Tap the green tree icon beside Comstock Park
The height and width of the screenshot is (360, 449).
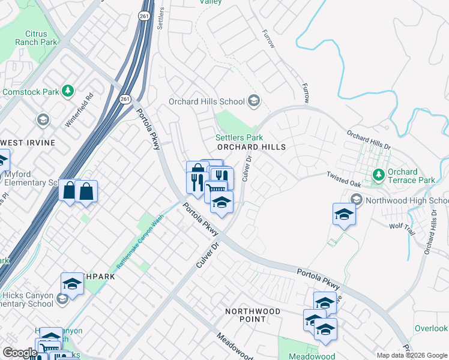click(x=68, y=91)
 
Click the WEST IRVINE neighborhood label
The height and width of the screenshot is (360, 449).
click(x=28, y=143)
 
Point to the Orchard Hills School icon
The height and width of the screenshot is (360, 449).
click(x=254, y=101)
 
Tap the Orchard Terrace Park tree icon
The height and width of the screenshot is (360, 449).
click(x=378, y=175)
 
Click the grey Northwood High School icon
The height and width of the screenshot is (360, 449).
click(x=357, y=200)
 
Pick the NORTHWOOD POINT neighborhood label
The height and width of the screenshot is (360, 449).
click(x=253, y=315)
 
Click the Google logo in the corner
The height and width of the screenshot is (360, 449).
click(x=19, y=353)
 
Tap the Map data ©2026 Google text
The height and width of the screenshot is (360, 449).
click(x=411, y=355)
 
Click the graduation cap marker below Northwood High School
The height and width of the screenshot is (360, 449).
click(x=345, y=214)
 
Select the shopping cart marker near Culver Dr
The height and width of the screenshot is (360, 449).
click(x=215, y=191)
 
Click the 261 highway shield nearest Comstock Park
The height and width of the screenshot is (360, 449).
click(x=124, y=98)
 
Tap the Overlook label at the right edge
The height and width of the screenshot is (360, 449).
click(x=431, y=328)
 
